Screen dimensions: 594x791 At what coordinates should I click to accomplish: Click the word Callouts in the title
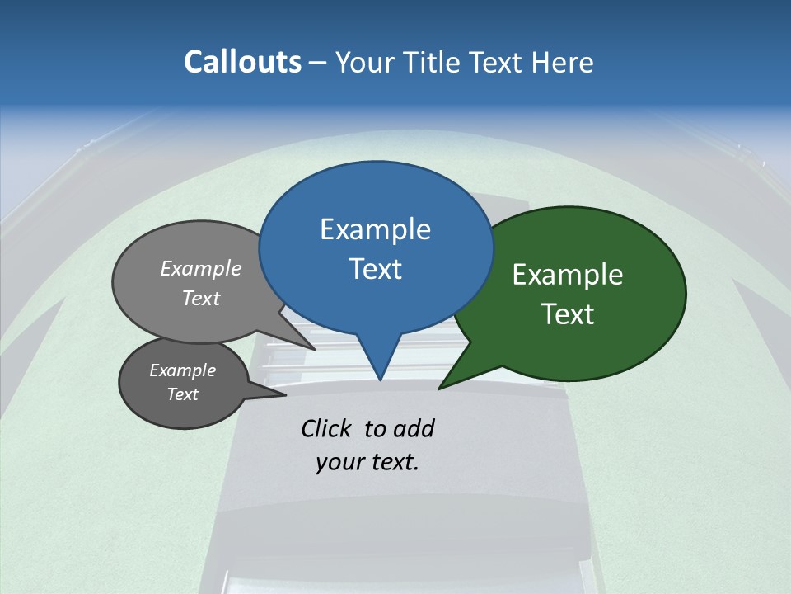pos(242,62)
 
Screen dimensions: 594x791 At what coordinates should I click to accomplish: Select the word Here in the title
pos(563,62)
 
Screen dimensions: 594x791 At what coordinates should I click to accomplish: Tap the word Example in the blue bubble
pos(375,229)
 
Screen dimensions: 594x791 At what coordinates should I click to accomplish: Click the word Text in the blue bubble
pos(375,268)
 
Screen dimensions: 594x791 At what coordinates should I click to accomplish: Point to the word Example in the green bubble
pos(568,275)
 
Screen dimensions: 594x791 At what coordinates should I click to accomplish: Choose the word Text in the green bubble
pos(568,313)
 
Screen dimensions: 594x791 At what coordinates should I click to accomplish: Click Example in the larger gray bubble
pos(201,268)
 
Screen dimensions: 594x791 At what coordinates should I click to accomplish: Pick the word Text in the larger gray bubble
pos(201,298)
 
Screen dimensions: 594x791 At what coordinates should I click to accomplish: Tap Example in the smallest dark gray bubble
pos(182,370)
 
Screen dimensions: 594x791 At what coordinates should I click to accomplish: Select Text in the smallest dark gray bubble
pos(182,394)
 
